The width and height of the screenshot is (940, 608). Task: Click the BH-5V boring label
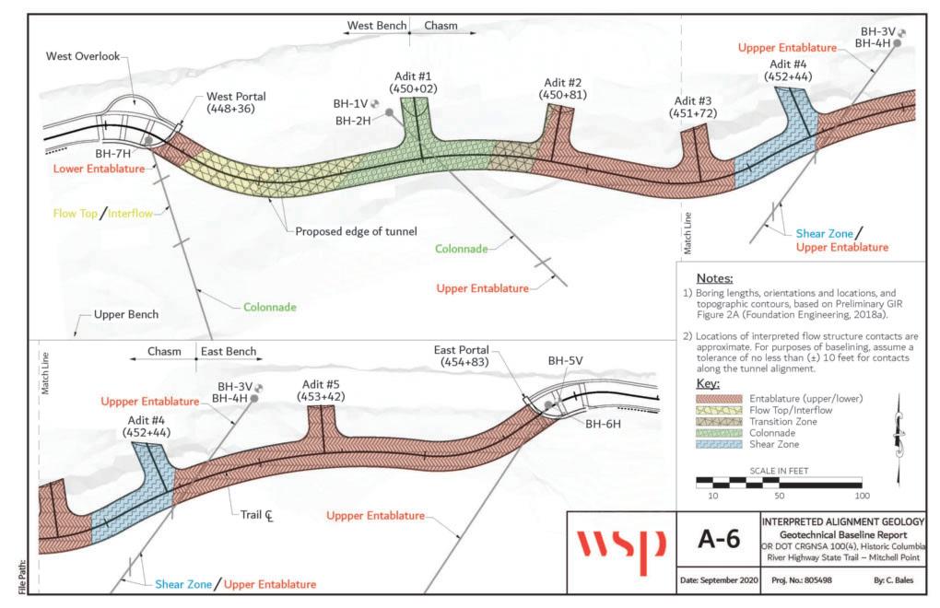pos(567,360)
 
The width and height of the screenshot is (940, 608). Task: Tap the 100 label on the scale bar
pos(861,496)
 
